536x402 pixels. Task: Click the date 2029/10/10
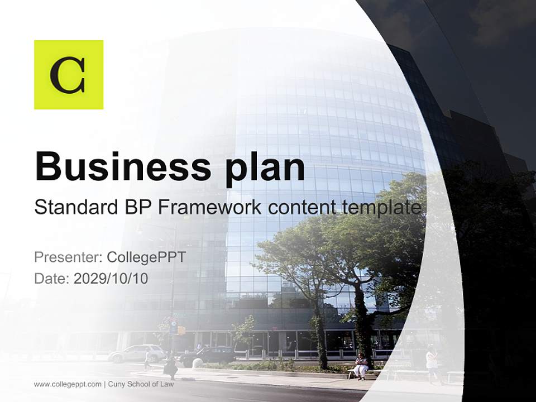pos(111,278)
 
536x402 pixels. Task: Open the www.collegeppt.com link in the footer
pos(68,384)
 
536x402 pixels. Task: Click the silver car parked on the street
pos(136,353)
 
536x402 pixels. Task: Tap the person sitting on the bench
pos(361,366)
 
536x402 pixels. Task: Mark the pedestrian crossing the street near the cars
pos(170,366)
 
